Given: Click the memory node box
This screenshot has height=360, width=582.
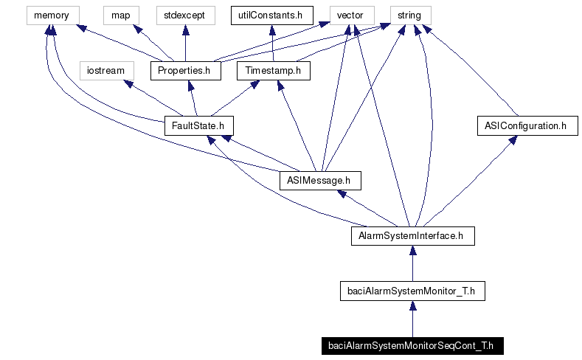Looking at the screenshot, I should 51,15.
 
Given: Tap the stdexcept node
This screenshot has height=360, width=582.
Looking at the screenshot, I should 184,15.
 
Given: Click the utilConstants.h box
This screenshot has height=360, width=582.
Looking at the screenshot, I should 271,15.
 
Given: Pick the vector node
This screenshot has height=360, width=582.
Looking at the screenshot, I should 349,15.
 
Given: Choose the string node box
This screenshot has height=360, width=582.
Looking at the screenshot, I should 409,15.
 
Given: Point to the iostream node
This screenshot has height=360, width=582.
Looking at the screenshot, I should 106,71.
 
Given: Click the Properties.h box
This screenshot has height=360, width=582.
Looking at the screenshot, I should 185,71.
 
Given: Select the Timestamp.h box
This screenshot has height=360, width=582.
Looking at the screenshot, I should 274,71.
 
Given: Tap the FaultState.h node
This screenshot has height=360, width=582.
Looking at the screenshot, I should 194,126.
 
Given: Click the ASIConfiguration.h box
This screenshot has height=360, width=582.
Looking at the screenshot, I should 526,126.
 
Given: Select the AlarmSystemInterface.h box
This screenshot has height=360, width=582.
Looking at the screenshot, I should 412,236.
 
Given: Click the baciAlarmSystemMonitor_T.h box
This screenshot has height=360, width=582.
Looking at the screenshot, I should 412,291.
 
